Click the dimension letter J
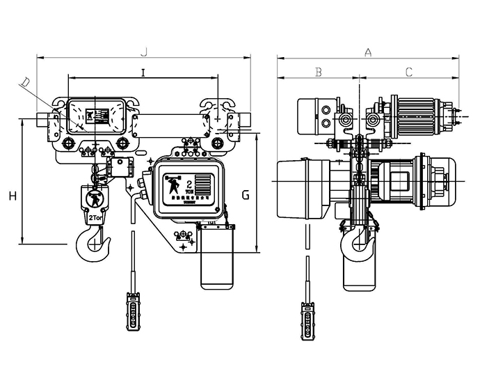[145, 50]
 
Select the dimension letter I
[143, 72]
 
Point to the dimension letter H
[13, 196]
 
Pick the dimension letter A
[368, 50]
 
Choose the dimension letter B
[318, 72]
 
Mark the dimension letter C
[409, 72]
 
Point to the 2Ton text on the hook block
[96, 218]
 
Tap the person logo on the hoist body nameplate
[173, 187]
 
